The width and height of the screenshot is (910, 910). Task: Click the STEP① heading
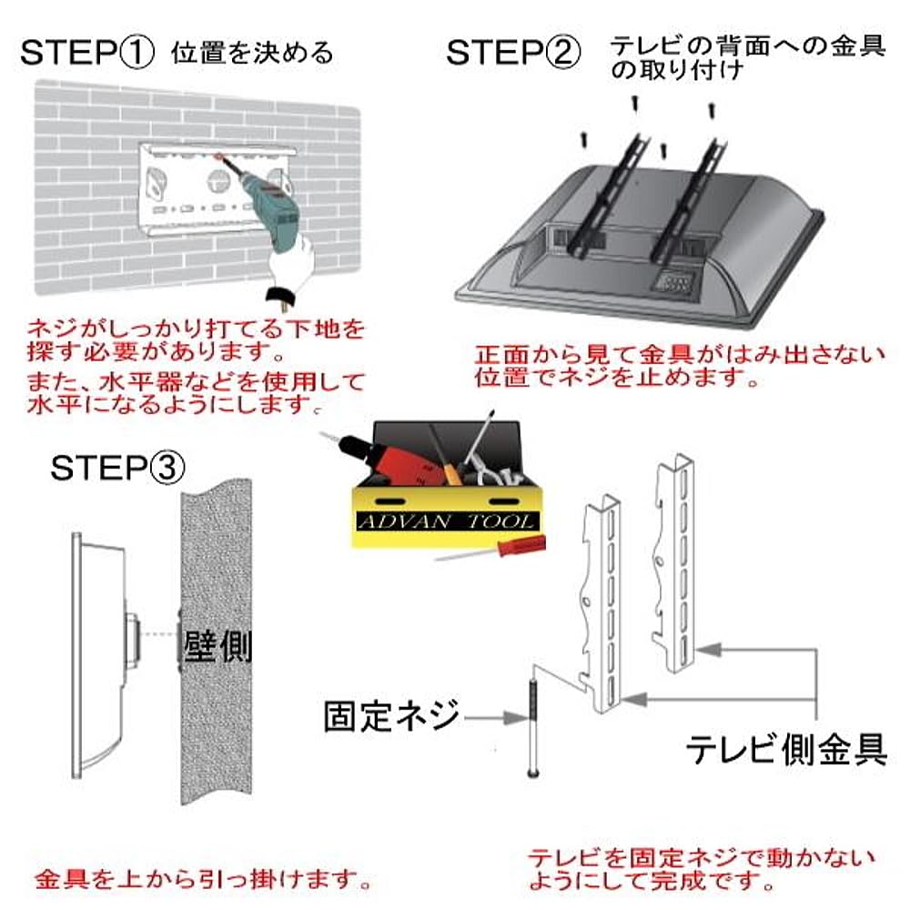coord(86,53)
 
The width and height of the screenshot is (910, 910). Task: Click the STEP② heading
coord(512,53)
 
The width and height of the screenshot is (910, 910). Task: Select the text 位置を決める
coord(252,53)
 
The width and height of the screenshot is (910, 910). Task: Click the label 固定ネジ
coord(391,717)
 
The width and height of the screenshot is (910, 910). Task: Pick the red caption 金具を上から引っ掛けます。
coord(203,880)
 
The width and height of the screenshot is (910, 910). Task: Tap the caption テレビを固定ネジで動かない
coord(701,858)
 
